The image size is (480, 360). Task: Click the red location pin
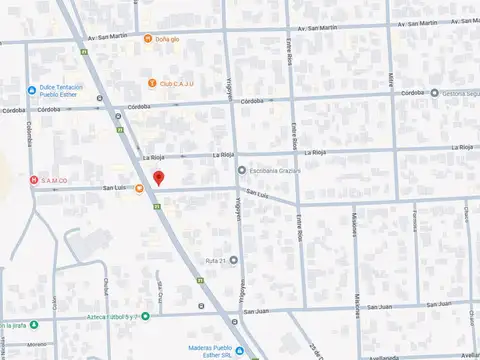(157, 177)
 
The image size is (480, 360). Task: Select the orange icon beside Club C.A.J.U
(151, 83)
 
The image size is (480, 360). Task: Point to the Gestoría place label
(461, 93)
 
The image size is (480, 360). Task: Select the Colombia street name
(29, 133)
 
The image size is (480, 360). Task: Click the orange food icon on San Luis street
(139, 188)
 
